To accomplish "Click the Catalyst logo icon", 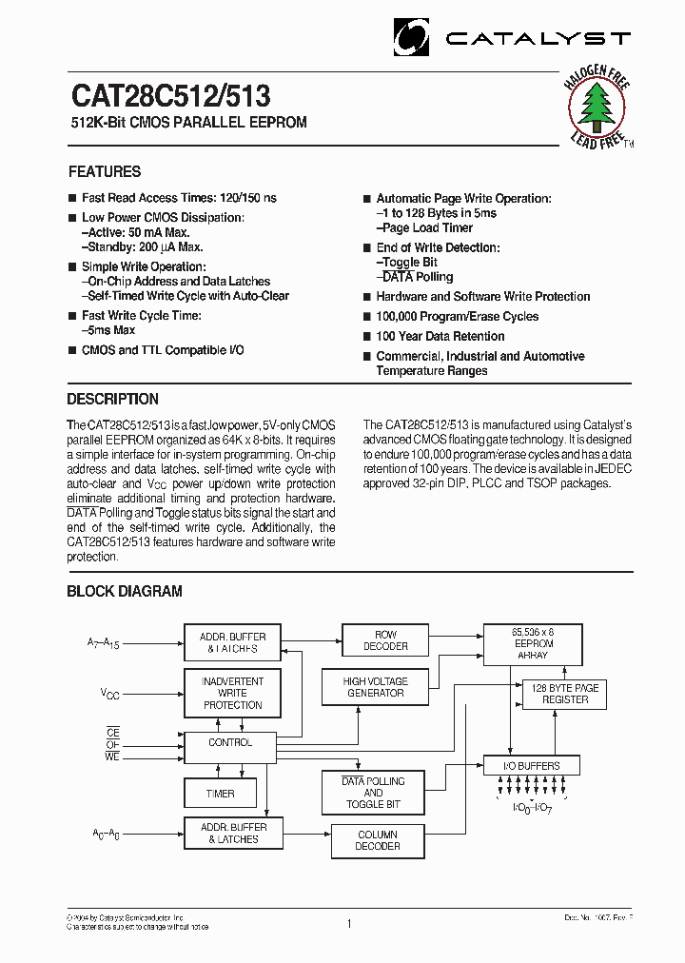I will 413,38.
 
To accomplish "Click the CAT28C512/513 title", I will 169,97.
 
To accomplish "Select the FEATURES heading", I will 105,172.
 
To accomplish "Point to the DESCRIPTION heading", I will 112,400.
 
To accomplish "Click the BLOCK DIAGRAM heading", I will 124,592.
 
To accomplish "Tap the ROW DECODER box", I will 385,640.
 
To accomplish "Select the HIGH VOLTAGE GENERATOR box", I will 375,687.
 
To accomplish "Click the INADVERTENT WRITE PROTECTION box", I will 232,693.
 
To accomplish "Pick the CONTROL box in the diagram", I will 229,743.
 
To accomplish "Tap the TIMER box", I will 220,793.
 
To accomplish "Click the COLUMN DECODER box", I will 378,840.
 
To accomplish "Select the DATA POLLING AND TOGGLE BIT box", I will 373,793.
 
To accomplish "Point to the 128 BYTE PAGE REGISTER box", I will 565,694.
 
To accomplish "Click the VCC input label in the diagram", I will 110,694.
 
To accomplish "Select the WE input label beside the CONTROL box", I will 112,757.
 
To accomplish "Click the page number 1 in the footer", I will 349,923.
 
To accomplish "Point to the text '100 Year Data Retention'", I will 440,337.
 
